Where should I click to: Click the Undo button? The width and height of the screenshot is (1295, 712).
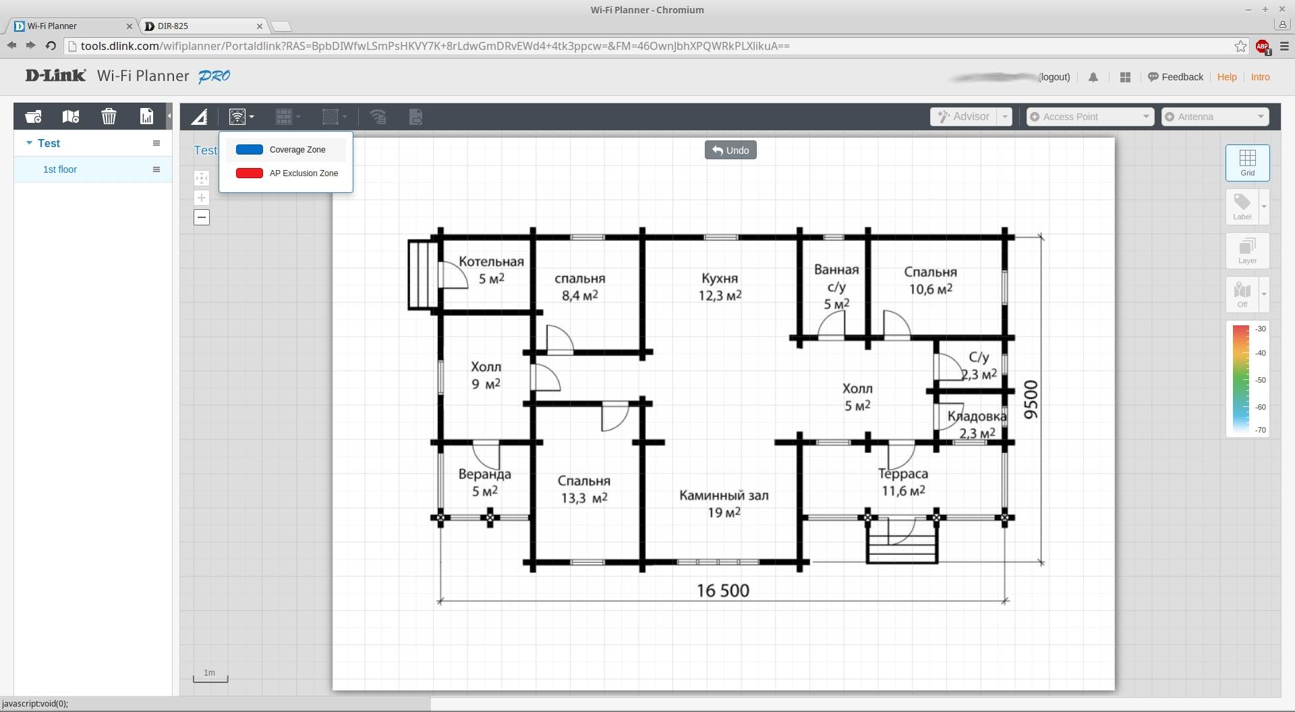pyautogui.click(x=730, y=150)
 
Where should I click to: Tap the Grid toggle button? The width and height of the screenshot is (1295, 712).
pyautogui.click(x=1247, y=163)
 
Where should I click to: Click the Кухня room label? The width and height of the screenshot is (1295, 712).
pyautogui.click(x=720, y=279)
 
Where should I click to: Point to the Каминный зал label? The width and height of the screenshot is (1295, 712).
pyautogui.click(x=724, y=495)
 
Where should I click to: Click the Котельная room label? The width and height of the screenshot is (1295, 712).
pyautogui.click(x=491, y=262)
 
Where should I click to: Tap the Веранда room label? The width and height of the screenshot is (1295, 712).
pyautogui.click(x=484, y=474)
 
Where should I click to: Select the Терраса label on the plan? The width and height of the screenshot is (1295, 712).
pyautogui.click(x=903, y=474)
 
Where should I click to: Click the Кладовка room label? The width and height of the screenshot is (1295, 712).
pyautogui.click(x=977, y=416)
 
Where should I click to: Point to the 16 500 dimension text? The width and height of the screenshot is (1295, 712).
pyautogui.click(x=722, y=591)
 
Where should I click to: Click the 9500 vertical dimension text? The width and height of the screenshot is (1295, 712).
pyautogui.click(x=1031, y=400)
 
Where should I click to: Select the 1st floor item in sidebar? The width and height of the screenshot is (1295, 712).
pyautogui.click(x=60, y=169)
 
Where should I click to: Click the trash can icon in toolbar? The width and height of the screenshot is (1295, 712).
pyautogui.click(x=109, y=117)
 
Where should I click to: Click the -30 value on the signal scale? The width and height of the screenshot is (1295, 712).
pyautogui.click(x=1261, y=329)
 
